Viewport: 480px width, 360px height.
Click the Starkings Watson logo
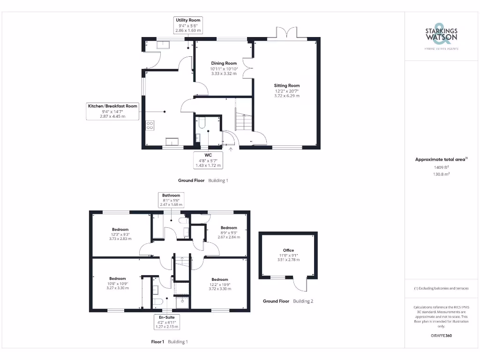point(441,36)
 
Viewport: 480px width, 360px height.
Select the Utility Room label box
point(188,25)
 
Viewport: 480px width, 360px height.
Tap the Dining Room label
point(224,68)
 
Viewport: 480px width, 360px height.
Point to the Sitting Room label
point(287,90)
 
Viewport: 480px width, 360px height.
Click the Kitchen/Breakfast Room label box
point(112,111)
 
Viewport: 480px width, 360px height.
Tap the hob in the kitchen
point(150,125)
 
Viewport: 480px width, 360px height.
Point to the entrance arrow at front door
point(230,150)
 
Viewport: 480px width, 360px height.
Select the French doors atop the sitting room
point(287,33)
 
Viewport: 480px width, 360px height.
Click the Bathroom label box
point(171,200)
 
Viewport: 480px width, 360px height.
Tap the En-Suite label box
point(167,322)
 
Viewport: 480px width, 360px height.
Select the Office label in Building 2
point(288,255)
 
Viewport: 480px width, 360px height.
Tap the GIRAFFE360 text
point(441,336)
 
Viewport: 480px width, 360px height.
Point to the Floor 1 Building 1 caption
point(169,342)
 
